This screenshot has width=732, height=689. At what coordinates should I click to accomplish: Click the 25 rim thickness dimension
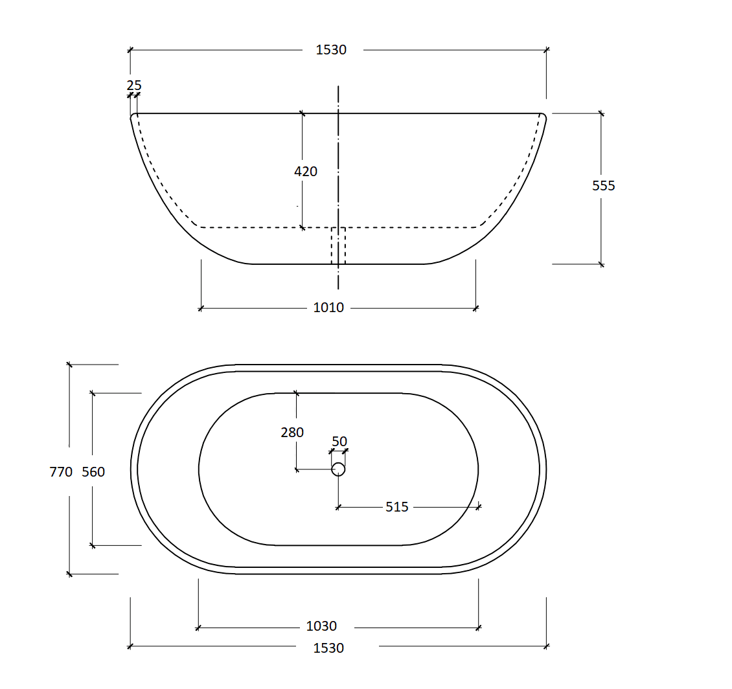point(134,85)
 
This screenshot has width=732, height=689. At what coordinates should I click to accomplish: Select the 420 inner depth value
point(306,172)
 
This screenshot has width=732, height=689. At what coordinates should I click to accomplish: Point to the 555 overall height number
point(604,186)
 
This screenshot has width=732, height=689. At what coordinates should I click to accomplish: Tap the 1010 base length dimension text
point(328,308)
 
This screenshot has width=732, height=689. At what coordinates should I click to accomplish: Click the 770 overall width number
point(61,472)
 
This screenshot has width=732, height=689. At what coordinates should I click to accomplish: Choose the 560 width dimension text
point(93,472)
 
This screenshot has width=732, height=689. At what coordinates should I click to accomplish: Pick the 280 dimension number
point(292,433)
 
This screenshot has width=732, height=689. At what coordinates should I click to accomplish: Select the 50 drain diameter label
point(339,442)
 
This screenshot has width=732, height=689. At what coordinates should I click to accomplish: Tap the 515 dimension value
point(397,507)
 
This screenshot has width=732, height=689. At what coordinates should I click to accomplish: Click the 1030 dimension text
point(321,626)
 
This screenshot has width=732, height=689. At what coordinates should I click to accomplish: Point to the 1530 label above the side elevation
point(331,50)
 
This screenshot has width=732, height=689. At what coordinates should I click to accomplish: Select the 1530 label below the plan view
point(328,648)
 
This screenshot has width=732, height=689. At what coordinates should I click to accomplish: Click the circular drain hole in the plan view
point(338,469)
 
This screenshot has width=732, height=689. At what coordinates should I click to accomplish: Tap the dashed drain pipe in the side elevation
point(338,246)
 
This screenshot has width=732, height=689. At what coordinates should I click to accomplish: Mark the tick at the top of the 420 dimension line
point(303,113)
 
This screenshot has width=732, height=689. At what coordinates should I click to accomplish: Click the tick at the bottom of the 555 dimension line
point(601,264)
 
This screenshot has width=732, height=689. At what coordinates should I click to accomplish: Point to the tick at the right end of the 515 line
point(479,506)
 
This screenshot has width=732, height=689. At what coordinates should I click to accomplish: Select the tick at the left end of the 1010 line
point(201,308)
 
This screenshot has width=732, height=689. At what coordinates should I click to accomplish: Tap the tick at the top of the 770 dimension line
point(69,365)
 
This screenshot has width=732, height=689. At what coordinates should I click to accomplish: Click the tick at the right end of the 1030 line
point(479,627)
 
